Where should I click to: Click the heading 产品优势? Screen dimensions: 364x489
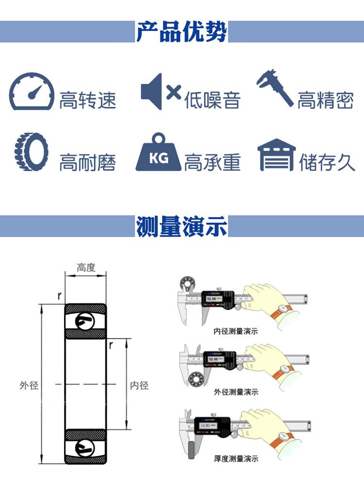pyautogui.click(x=182, y=32)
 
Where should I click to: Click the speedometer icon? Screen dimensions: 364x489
pyautogui.click(x=32, y=92)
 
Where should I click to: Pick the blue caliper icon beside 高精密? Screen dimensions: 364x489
pyautogui.click(x=275, y=88)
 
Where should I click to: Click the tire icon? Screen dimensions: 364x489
pyautogui.click(x=32, y=152)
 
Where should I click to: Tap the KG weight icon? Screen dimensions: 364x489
pyautogui.click(x=158, y=153)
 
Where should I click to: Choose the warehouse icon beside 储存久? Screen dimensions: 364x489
pyautogui.click(x=276, y=155)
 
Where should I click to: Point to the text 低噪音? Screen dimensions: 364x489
pyautogui.click(x=212, y=101)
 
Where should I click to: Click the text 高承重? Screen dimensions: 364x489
pyautogui.click(x=212, y=162)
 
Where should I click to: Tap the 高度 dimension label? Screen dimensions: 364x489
pyautogui.click(x=86, y=268)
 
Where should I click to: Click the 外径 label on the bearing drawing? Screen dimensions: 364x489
pyautogui.click(x=29, y=386)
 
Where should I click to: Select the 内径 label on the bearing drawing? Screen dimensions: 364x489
pyautogui.click(x=139, y=386)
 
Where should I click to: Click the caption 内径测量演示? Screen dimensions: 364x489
pyautogui.click(x=235, y=332)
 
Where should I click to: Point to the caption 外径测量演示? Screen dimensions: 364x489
pyautogui.click(x=235, y=392)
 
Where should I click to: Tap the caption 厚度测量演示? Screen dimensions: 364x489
pyautogui.click(x=235, y=458)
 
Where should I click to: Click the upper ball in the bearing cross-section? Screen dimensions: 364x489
pyautogui.click(x=85, y=320)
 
